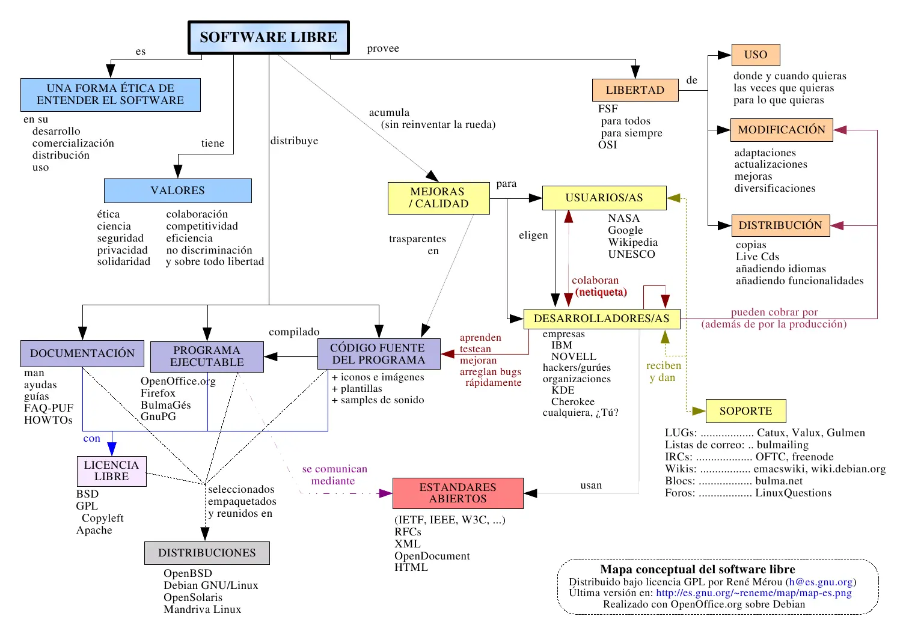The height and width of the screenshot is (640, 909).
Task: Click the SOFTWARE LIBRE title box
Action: pyautogui.click(x=268, y=37)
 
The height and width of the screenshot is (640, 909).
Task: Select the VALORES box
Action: pyautogui.click(x=177, y=190)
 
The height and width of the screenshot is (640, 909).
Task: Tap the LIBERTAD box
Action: pyautogui.click(x=635, y=90)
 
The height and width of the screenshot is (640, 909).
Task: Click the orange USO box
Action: pyautogui.click(x=755, y=55)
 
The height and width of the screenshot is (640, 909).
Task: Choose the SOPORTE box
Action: pyautogui.click(x=745, y=411)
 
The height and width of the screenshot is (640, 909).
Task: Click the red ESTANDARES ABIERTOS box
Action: pyautogui.click(x=458, y=493)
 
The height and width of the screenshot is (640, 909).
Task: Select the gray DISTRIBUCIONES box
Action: pyautogui.click(x=207, y=553)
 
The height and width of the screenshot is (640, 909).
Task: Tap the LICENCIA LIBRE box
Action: pyautogui.click(x=111, y=471)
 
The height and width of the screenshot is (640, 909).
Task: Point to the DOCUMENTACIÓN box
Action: pyautogui.click(x=82, y=353)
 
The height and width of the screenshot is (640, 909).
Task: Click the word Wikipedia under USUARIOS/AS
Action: pyautogui.click(x=632, y=242)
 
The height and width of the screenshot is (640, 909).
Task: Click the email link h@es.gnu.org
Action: pyautogui.click(x=821, y=582)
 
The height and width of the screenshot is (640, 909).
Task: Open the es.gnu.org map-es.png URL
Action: pyautogui.click(x=753, y=593)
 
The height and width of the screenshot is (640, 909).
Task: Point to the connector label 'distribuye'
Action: pyautogui.click(x=294, y=141)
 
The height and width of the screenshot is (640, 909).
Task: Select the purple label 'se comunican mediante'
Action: pyautogui.click(x=334, y=475)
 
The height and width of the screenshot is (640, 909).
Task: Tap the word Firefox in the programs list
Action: pyautogui.click(x=158, y=393)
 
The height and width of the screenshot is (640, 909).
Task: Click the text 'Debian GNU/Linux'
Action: pyautogui.click(x=210, y=585)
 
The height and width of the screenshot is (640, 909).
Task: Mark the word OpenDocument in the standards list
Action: pyautogui.click(x=432, y=556)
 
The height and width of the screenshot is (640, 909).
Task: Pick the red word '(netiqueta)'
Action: pyautogui.click(x=601, y=292)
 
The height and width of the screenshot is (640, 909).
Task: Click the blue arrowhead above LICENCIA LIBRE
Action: pyautogui.click(x=112, y=449)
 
